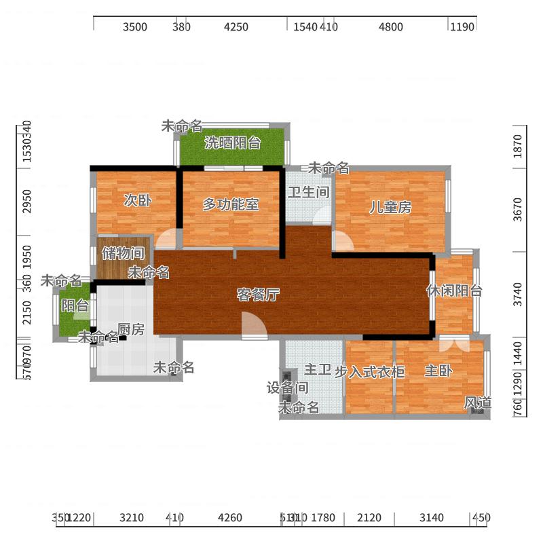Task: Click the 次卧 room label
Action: coord(137,201)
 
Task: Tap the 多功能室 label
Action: coord(231,204)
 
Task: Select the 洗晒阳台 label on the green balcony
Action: coord(233,143)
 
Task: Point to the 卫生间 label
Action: coord(308,192)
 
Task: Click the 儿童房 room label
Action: coord(390,208)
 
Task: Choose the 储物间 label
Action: coord(123,254)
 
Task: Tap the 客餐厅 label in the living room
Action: coord(258,295)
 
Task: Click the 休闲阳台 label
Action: coord(454,291)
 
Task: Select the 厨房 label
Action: coord(131,330)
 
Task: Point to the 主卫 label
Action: coord(317,370)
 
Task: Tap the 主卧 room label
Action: coord(438,371)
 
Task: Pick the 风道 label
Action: coord(477,402)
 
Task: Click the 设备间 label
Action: coord(287,388)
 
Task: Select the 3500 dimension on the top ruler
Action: coord(135,27)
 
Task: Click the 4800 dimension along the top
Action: coord(390,27)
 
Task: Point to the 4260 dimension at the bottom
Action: coord(229,519)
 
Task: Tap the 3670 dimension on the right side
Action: coord(519,209)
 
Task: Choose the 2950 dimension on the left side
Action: coord(26,201)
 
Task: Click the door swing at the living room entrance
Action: coord(252,324)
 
